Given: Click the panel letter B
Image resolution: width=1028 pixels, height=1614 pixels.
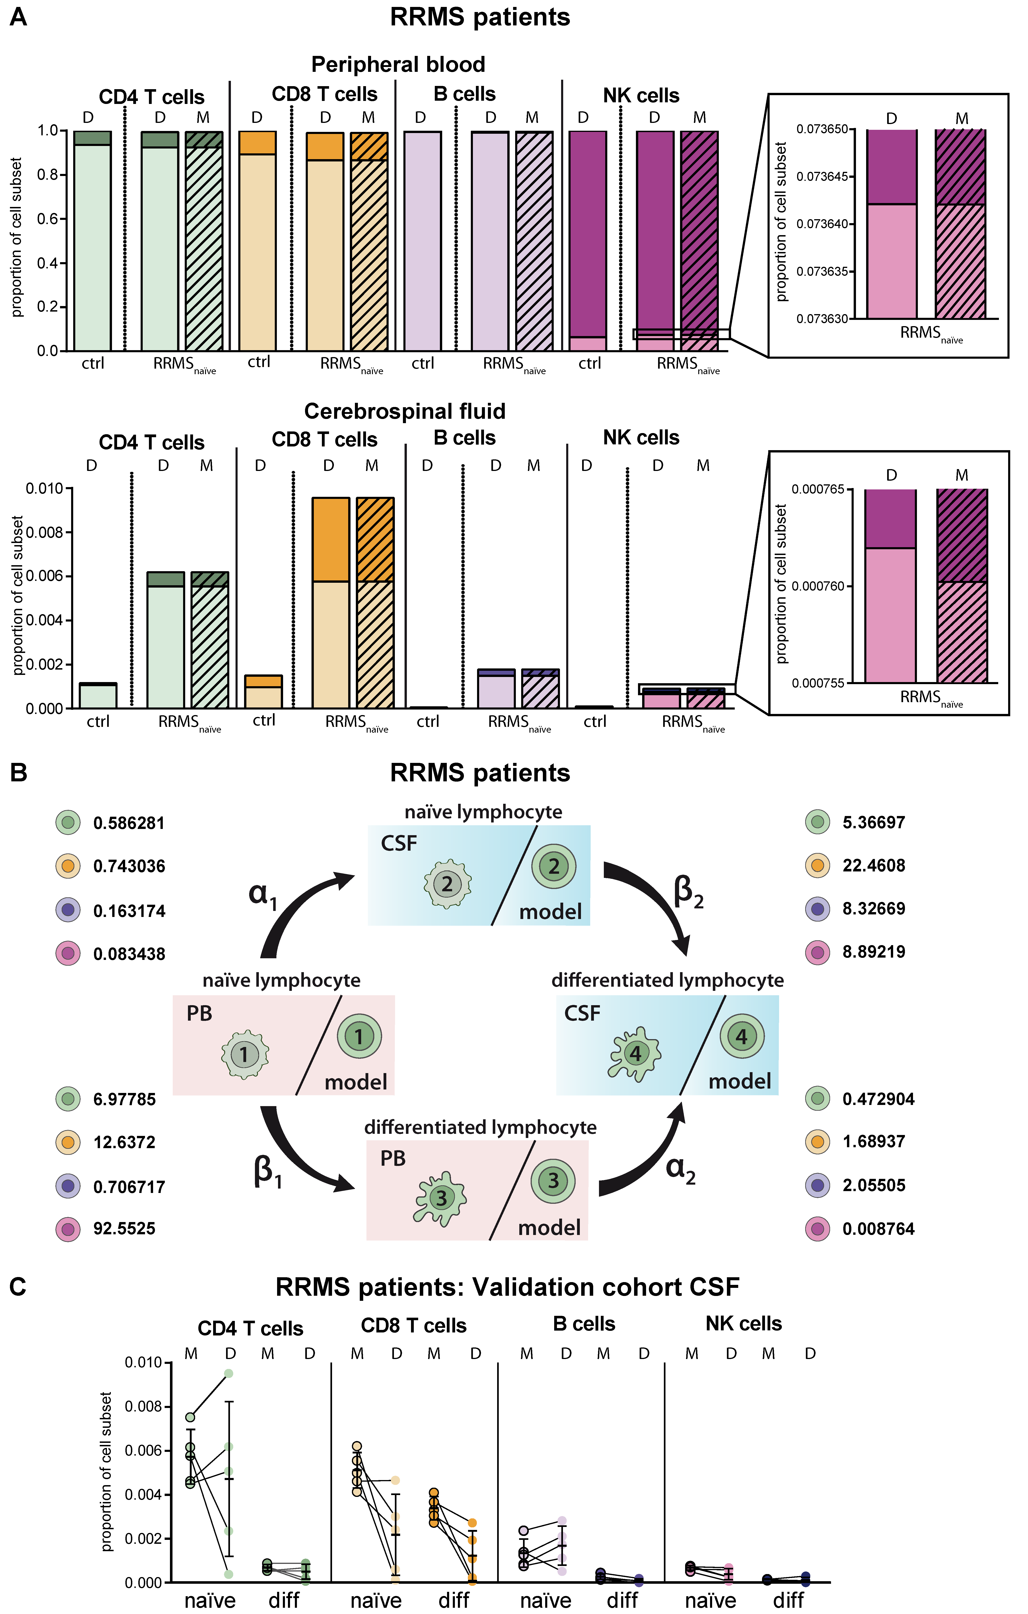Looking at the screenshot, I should [x=19, y=773].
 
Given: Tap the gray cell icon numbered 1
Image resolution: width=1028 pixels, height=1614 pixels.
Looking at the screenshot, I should [x=245, y=1054].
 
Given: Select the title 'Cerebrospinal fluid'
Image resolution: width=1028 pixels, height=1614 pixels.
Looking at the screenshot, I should [x=405, y=411].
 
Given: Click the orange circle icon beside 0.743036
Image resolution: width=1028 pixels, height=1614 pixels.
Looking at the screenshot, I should [x=68, y=866].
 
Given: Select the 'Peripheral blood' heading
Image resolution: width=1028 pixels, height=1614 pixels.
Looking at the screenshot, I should [x=398, y=64].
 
